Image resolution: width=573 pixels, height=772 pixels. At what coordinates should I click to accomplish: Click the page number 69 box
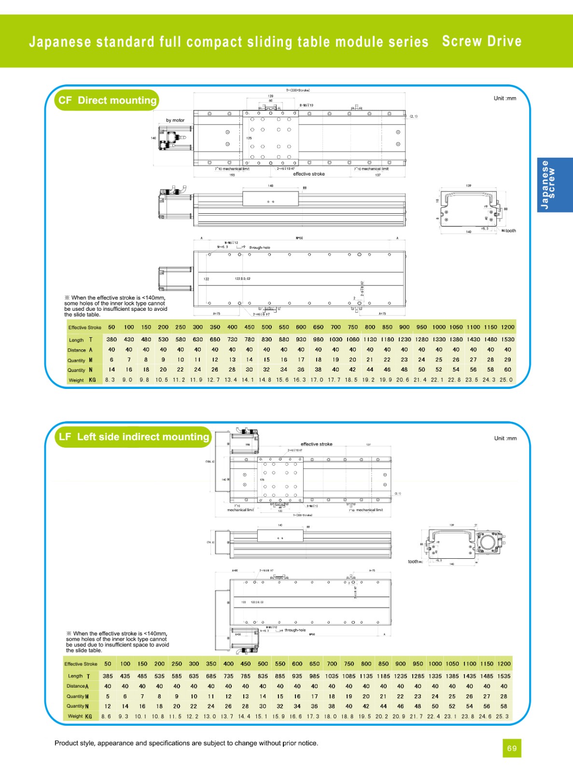[x=512, y=748]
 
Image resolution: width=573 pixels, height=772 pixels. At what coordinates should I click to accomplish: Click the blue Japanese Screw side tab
[x=555, y=185]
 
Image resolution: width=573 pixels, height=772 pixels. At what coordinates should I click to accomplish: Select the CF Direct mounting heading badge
[x=107, y=100]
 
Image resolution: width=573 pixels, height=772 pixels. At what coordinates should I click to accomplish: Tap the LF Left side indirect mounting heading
[x=133, y=437]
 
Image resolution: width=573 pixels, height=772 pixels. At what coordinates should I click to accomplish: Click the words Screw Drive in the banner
[x=481, y=41]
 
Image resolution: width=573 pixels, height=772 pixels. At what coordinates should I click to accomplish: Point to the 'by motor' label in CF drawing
[x=175, y=120]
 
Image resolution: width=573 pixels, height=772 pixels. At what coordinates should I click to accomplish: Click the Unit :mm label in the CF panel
[x=504, y=98]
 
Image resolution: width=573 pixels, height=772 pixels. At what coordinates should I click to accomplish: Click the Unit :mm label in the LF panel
[x=505, y=438]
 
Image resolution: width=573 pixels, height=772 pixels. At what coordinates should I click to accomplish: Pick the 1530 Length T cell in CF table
[x=507, y=339]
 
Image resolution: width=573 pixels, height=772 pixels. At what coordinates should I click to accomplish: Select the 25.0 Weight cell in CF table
[x=506, y=380]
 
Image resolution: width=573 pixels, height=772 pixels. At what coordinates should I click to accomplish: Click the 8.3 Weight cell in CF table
[x=110, y=380]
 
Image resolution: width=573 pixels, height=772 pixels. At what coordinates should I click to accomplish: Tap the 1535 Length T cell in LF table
[x=503, y=676]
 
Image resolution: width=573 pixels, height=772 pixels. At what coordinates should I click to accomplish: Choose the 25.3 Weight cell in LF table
[x=502, y=717]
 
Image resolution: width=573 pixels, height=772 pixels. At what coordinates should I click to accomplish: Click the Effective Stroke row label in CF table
[x=85, y=327]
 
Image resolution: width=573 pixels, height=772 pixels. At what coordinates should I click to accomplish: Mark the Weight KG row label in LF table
[x=80, y=717]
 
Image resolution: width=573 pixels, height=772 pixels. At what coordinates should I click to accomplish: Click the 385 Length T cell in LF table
[x=108, y=676]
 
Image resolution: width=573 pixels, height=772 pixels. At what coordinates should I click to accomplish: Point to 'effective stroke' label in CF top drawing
[x=309, y=174]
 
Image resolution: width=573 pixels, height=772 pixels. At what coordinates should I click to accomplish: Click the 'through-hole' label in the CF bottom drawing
[x=260, y=248]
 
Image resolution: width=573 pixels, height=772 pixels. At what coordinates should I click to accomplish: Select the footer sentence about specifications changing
[x=186, y=743]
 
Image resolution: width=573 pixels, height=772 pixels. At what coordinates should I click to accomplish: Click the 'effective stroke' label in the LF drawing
[x=316, y=444]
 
